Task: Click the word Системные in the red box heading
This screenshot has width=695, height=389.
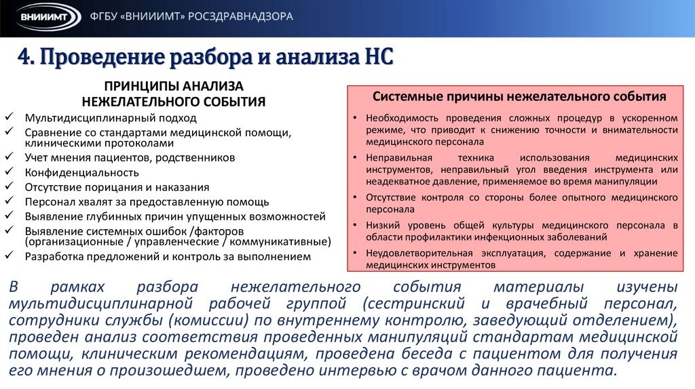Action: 402,97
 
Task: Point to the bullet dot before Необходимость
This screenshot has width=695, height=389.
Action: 356,118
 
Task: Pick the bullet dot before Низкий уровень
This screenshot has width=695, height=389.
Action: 356,225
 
